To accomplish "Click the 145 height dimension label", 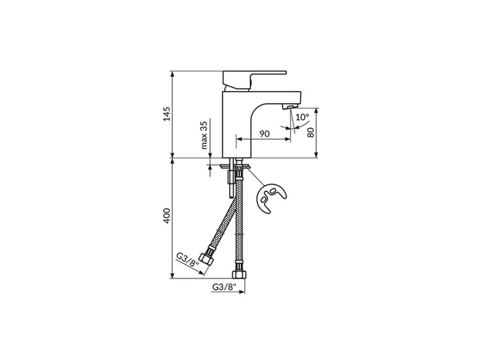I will click(168, 114).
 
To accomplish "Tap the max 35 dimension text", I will click(205, 135).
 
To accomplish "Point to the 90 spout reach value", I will click(264, 134).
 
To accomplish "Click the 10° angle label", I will click(303, 117).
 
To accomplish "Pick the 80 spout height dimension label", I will click(310, 132).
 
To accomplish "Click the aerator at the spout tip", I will click(289, 106).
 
